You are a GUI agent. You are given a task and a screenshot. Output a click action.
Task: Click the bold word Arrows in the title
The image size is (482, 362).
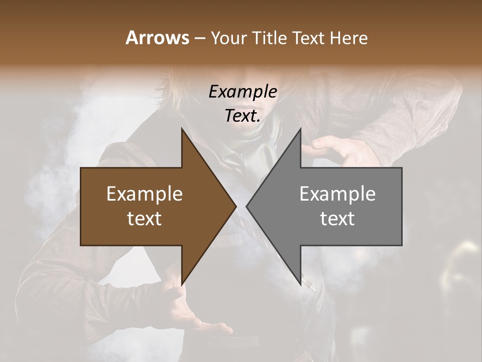(157, 38)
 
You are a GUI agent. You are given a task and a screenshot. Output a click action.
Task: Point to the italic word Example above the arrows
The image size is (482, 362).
(243, 92)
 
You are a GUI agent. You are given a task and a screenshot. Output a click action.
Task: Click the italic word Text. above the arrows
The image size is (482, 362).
(243, 116)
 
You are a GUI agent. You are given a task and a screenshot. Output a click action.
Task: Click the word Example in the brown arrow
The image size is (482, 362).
(145, 194)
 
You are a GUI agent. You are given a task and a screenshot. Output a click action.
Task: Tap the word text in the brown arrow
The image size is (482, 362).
(145, 219)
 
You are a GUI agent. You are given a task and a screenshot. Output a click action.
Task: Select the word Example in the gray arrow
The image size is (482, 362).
(337, 194)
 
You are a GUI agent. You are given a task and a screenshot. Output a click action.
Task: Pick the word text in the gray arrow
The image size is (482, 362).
(337, 219)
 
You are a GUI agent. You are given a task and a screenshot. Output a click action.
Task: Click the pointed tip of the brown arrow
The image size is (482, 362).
(236, 206)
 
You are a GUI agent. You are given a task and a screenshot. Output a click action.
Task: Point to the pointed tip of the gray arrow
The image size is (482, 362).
(247, 206)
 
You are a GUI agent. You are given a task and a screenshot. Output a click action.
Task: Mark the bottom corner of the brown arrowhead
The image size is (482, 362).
(182, 285)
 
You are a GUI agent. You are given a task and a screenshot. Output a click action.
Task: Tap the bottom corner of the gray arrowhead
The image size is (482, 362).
(300, 285)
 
